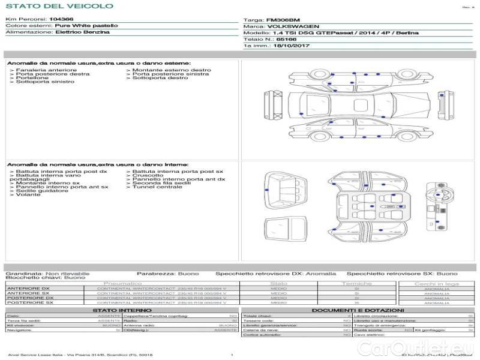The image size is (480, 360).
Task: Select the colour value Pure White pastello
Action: [x=86, y=26]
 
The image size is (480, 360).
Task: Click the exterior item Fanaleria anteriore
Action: [x=46, y=70]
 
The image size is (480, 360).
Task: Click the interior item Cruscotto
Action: [x=147, y=175]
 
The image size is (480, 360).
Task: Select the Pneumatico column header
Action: [x=123, y=283]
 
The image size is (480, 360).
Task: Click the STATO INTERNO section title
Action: [x=118, y=310]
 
